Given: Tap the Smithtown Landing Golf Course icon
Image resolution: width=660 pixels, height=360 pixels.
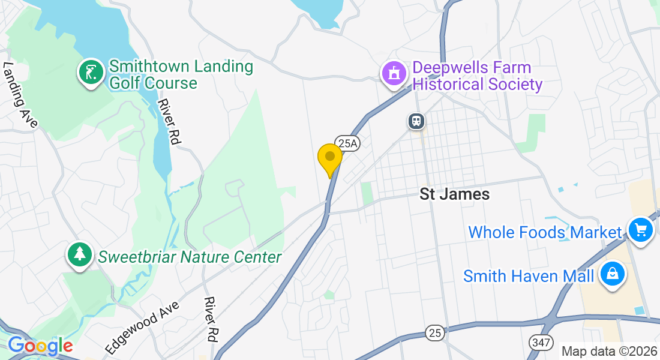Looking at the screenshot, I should [91, 73].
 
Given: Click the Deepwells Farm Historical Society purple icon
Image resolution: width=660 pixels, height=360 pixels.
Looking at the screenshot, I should [394, 74].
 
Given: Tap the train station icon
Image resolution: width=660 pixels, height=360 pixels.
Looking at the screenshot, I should [416, 121].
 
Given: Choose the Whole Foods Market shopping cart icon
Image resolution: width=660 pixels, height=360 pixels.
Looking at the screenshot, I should [640, 229].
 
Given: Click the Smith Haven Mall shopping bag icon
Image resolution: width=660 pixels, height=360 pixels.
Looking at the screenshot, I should [613, 274].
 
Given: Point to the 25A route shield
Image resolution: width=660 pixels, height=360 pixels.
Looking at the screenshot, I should [346, 142].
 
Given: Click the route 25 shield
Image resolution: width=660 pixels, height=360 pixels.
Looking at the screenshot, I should [435, 332].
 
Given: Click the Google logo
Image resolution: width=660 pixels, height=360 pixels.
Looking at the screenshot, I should [40, 346].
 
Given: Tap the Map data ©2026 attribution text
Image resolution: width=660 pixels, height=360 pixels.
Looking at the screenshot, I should [608, 351].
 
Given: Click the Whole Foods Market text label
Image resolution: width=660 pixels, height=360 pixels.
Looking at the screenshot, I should [545, 232].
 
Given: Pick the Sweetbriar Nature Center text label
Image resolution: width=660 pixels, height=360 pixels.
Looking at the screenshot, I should [190, 257].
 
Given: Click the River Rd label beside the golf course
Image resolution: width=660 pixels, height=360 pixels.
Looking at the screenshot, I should [169, 121].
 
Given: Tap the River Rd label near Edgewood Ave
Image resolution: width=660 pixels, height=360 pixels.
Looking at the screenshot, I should [210, 319].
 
